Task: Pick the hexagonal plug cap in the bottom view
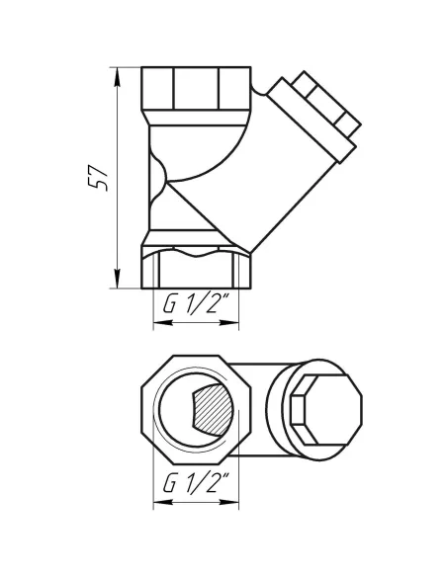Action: tap(315, 408)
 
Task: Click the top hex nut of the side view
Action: tap(198, 89)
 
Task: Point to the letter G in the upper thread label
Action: tap(167, 305)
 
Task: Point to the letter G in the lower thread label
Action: tap(167, 485)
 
